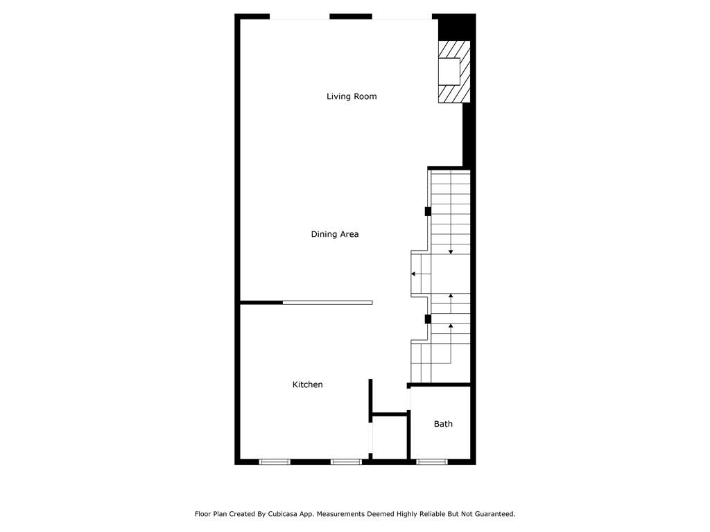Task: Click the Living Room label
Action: [352, 96]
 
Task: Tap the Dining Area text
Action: [335, 234]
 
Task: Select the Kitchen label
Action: [307, 384]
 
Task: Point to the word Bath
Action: [443, 424]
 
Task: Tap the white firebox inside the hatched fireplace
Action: [449, 71]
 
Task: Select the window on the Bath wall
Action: [432, 462]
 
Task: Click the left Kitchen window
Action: [275, 462]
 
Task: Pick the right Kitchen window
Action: [346, 462]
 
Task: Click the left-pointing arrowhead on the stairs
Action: [413, 274]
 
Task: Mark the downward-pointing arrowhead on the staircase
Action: [451, 252]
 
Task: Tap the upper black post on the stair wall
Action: [427, 211]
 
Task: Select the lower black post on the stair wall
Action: [427, 319]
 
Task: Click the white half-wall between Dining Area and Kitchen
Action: [328, 303]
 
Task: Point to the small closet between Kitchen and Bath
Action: [390, 436]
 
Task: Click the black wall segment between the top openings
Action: [351, 17]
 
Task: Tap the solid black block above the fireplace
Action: [455, 28]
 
